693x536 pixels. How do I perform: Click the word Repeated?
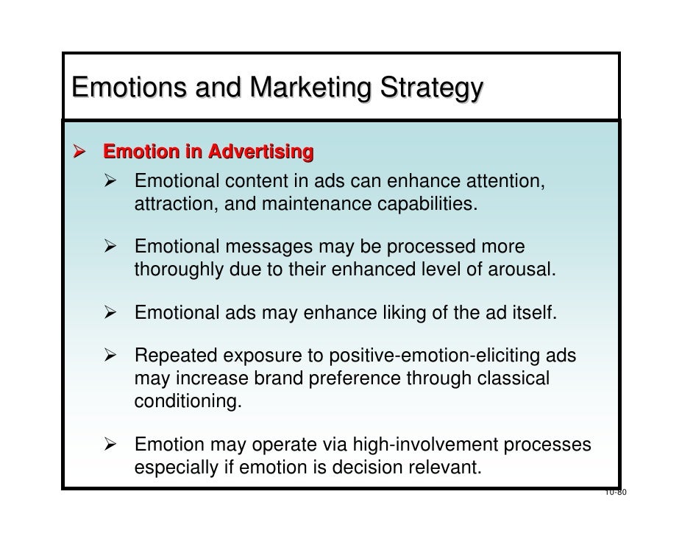177,359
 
